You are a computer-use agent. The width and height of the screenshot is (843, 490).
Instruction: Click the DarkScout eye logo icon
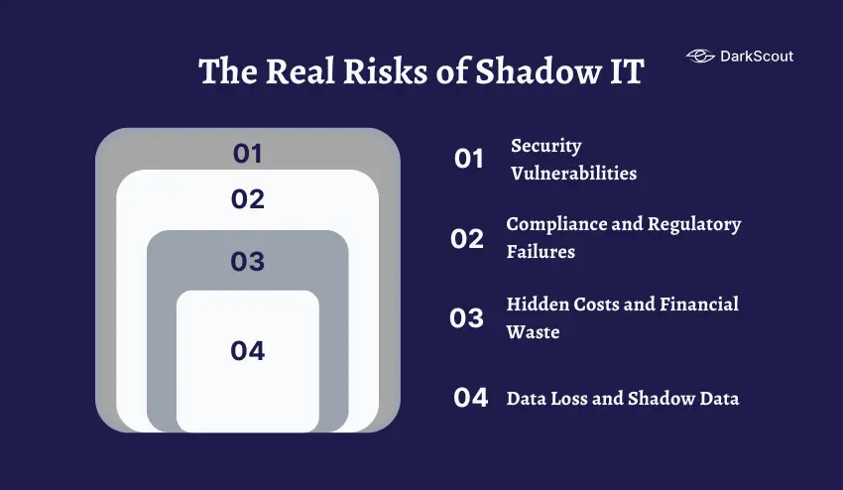700,57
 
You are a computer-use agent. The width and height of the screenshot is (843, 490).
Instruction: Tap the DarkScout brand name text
756,57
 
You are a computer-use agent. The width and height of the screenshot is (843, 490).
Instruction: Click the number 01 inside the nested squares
248,154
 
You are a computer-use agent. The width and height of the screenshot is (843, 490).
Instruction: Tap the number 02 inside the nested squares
248,199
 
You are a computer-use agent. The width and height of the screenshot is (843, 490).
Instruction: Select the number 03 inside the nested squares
248,261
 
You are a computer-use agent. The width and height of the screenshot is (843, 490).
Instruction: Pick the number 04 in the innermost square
248,350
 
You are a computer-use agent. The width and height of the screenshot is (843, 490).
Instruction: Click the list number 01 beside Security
469,159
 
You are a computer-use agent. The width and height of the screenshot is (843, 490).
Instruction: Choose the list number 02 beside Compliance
467,239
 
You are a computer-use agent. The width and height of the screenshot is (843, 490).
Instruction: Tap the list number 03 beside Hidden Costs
467,318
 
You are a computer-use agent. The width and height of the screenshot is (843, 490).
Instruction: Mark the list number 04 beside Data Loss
471,398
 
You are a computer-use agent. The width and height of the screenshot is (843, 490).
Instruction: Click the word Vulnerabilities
573,174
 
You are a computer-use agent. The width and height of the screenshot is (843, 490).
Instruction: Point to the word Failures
541,252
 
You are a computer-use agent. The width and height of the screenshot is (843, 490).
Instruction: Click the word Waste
533,332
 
